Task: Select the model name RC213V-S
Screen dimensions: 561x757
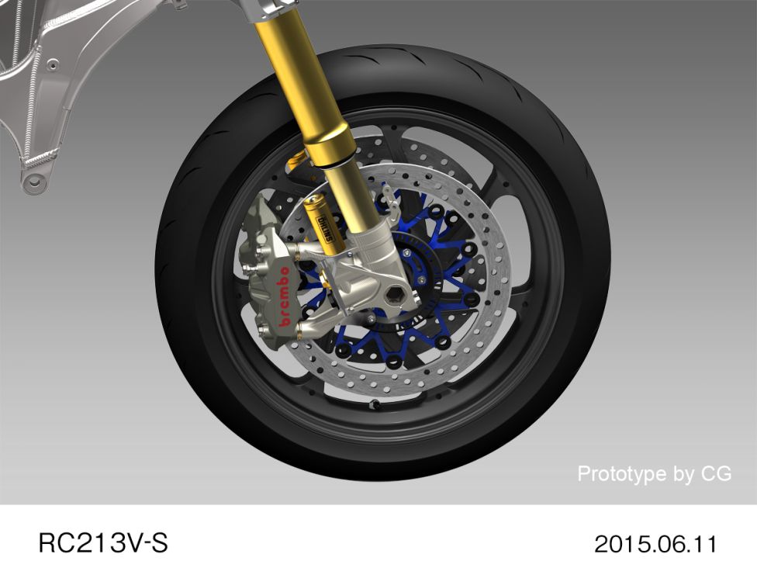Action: pos(102,542)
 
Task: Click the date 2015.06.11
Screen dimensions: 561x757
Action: pos(655,542)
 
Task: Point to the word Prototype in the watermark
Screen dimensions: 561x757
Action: pos(623,473)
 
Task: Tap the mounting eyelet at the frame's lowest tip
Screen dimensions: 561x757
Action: pos(33,183)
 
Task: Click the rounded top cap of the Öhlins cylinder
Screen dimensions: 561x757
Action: pos(315,203)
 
